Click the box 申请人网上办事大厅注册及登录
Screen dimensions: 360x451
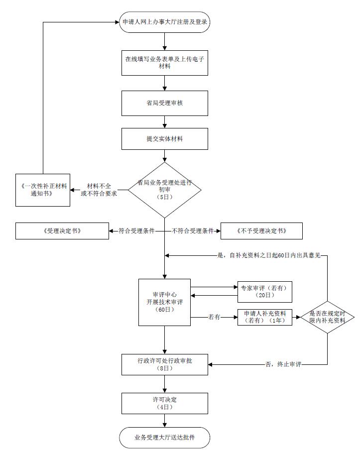[x=165, y=22]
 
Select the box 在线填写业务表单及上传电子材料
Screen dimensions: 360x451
[x=165, y=63]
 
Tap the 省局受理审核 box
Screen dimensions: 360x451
[x=165, y=103]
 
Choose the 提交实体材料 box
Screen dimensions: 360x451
[x=165, y=139]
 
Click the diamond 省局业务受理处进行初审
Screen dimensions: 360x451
[x=165, y=190]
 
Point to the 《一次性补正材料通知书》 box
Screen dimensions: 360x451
[x=43, y=190]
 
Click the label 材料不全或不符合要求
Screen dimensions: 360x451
[x=99, y=190]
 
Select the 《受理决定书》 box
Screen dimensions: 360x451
[x=62, y=231]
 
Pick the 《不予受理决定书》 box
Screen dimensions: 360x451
[x=261, y=231]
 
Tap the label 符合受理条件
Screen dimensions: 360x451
[x=137, y=231]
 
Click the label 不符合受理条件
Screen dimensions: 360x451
[x=193, y=231]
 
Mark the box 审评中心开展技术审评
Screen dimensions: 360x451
[x=165, y=302]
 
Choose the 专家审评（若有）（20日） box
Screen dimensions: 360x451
[x=265, y=292]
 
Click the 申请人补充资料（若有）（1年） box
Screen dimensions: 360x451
[x=265, y=317]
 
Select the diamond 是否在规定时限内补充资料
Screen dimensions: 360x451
[x=328, y=317]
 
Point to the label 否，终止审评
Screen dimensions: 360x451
[x=283, y=365]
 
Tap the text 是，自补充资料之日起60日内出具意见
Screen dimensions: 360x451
[x=269, y=255]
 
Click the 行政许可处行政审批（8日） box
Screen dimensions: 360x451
[x=165, y=365]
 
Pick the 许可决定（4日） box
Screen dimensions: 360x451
[x=165, y=404]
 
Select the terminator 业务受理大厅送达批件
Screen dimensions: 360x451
[x=165, y=438]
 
